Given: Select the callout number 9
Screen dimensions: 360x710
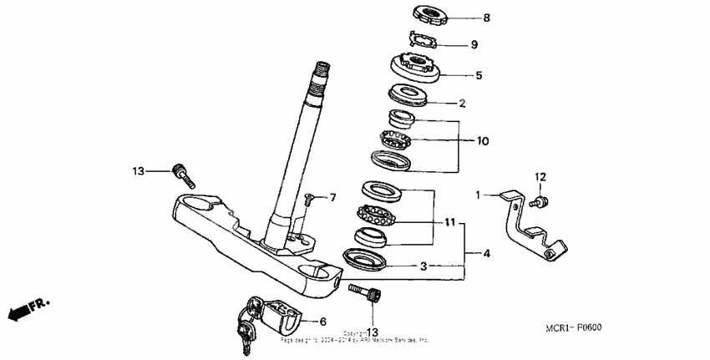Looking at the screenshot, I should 474,45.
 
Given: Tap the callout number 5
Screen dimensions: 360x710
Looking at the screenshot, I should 479,75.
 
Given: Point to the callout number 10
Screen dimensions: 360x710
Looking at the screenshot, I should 483,141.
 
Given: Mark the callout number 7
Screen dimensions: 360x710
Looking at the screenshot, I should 332,198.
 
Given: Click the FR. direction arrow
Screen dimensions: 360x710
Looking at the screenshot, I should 25,310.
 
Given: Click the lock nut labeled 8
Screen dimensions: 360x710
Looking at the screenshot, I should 433,14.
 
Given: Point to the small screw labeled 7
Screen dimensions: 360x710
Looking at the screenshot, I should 309,199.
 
